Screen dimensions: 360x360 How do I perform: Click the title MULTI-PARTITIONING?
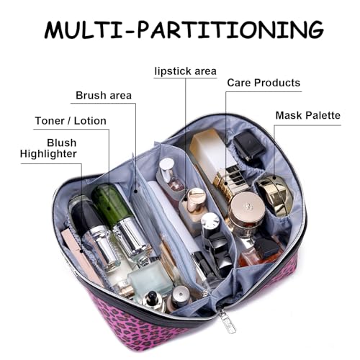click(x=184, y=30)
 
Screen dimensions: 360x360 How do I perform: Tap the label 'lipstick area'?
click(x=186, y=71)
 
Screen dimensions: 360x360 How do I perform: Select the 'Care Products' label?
click(x=264, y=83)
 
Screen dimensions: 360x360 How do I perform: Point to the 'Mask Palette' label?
click(x=308, y=115)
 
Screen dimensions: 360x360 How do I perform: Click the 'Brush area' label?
click(x=104, y=95)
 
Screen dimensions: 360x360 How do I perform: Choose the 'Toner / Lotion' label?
click(x=71, y=120)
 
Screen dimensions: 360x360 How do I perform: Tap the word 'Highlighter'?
click(x=48, y=154)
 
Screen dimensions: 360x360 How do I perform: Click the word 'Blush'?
click(x=62, y=143)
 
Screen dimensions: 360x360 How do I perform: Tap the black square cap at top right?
click(x=248, y=144)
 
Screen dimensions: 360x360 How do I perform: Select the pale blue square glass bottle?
click(x=150, y=280)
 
